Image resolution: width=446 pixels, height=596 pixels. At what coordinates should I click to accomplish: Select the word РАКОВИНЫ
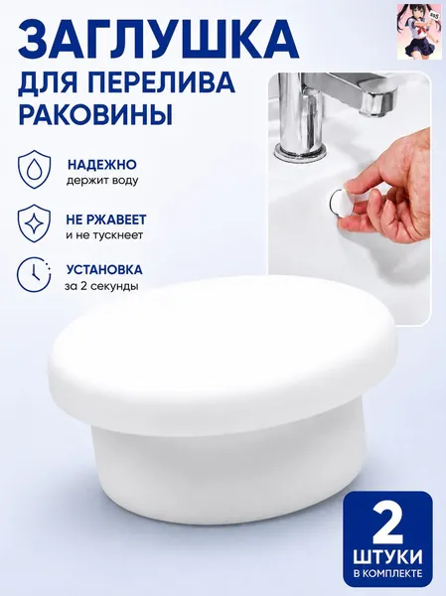pyautogui.click(x=95, y=114)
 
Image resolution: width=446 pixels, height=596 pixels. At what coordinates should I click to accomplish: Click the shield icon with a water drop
pyautogui.click(x=34, y=169)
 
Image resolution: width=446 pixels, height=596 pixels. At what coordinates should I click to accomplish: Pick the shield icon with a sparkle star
pyautogui.click(x=34, y=223)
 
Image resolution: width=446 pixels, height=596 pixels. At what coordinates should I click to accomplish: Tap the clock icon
pyautogui.click(x=34, y=274)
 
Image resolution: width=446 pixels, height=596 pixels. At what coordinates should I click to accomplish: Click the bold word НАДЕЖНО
pyautogui.click(x=102, y=165)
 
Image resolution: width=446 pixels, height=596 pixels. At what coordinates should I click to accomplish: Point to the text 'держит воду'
pyautogui.click(x=102, y=181)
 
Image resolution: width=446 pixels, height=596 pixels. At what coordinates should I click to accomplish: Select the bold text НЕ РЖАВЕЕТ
pyautogui.click(x=106, y=220)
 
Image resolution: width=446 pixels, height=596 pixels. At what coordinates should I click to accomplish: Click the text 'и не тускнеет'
pyautogui.click(x=104, y=234)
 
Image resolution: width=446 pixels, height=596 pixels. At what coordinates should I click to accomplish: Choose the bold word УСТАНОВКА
pyautogui.click(x=104, y=269)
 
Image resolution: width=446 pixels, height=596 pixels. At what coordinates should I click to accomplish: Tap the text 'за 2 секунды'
pyautogui.click(x=101, y=286)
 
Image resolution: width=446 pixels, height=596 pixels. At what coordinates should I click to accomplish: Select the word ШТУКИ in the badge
pyautogui.click(x=387, y=558)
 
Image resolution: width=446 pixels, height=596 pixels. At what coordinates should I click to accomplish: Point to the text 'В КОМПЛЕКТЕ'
pyautogui.click(x=387, y=573)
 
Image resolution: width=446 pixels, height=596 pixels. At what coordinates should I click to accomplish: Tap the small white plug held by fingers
pyautogui.click(x=339, y=204)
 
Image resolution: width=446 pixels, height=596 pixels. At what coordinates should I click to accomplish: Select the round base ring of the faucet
pyautogui.click(x=300, y=152)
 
